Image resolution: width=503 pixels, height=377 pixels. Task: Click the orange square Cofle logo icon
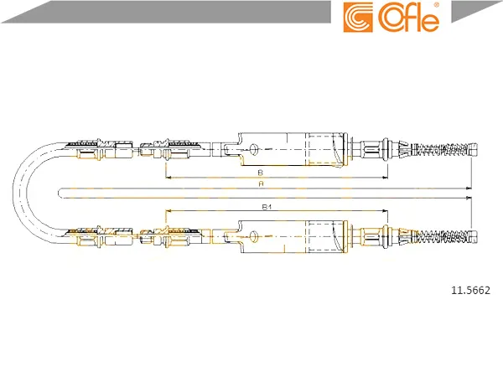coord(358,18)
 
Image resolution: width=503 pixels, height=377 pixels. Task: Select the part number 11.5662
coord(470,291)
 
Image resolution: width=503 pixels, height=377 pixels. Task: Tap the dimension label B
coord(261,173)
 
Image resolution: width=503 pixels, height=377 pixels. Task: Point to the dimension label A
coord(261,183)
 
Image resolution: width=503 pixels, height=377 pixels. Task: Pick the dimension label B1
coord(267,207)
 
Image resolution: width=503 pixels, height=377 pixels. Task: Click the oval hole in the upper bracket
coord(254,149)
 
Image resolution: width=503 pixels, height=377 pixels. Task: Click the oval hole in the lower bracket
coord(254,236)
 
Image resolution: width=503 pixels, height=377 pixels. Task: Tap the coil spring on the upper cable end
coord(440,149)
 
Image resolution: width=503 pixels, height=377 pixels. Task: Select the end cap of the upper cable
coord(473,149)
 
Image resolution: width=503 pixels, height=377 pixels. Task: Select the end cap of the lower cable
coord(474,236)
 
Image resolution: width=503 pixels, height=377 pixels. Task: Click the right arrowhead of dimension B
coord(386,177)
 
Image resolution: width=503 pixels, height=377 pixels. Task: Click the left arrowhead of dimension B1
coord(168,211)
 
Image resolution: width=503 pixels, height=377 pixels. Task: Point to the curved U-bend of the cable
coord(20,193)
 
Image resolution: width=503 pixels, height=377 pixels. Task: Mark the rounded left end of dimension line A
coord(59,193)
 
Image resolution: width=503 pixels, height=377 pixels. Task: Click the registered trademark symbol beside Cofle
coord(436,5)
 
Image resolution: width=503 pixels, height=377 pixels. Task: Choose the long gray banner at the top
coord(167,12)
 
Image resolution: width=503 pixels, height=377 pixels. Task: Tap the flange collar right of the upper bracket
coord(345,149)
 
